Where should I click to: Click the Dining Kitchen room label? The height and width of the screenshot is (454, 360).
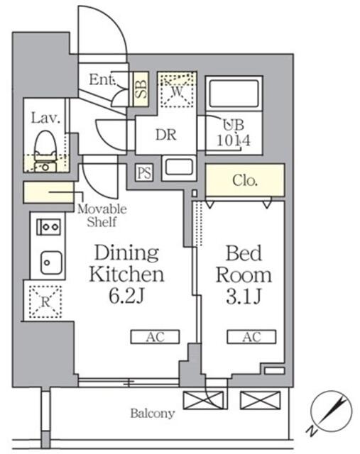click(x=126, y=273)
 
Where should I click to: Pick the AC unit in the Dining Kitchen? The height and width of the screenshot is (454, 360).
click(x=154, y=337)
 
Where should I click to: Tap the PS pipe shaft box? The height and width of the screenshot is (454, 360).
click(x=144, y=172)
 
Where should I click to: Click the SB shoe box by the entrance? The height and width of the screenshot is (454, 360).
click(x=141, y=89)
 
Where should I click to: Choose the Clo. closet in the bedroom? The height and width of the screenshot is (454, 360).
click(x=245, y=180)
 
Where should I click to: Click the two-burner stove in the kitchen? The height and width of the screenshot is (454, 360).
click(x=48, y=228)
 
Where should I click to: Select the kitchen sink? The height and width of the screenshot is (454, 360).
click(x=48, y=262)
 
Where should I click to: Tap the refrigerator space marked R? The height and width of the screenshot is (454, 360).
click(x=44, y=301)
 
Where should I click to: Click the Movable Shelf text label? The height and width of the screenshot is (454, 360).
click(x=102, y=216)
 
